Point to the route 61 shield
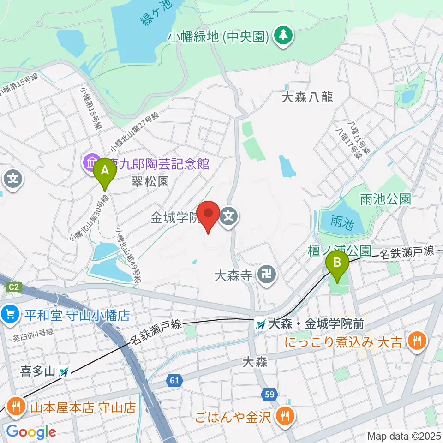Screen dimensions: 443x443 [x=174, y=381]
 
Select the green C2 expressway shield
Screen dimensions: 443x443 [x=14, y=287]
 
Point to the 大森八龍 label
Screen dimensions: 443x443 [x=307, y=97]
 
